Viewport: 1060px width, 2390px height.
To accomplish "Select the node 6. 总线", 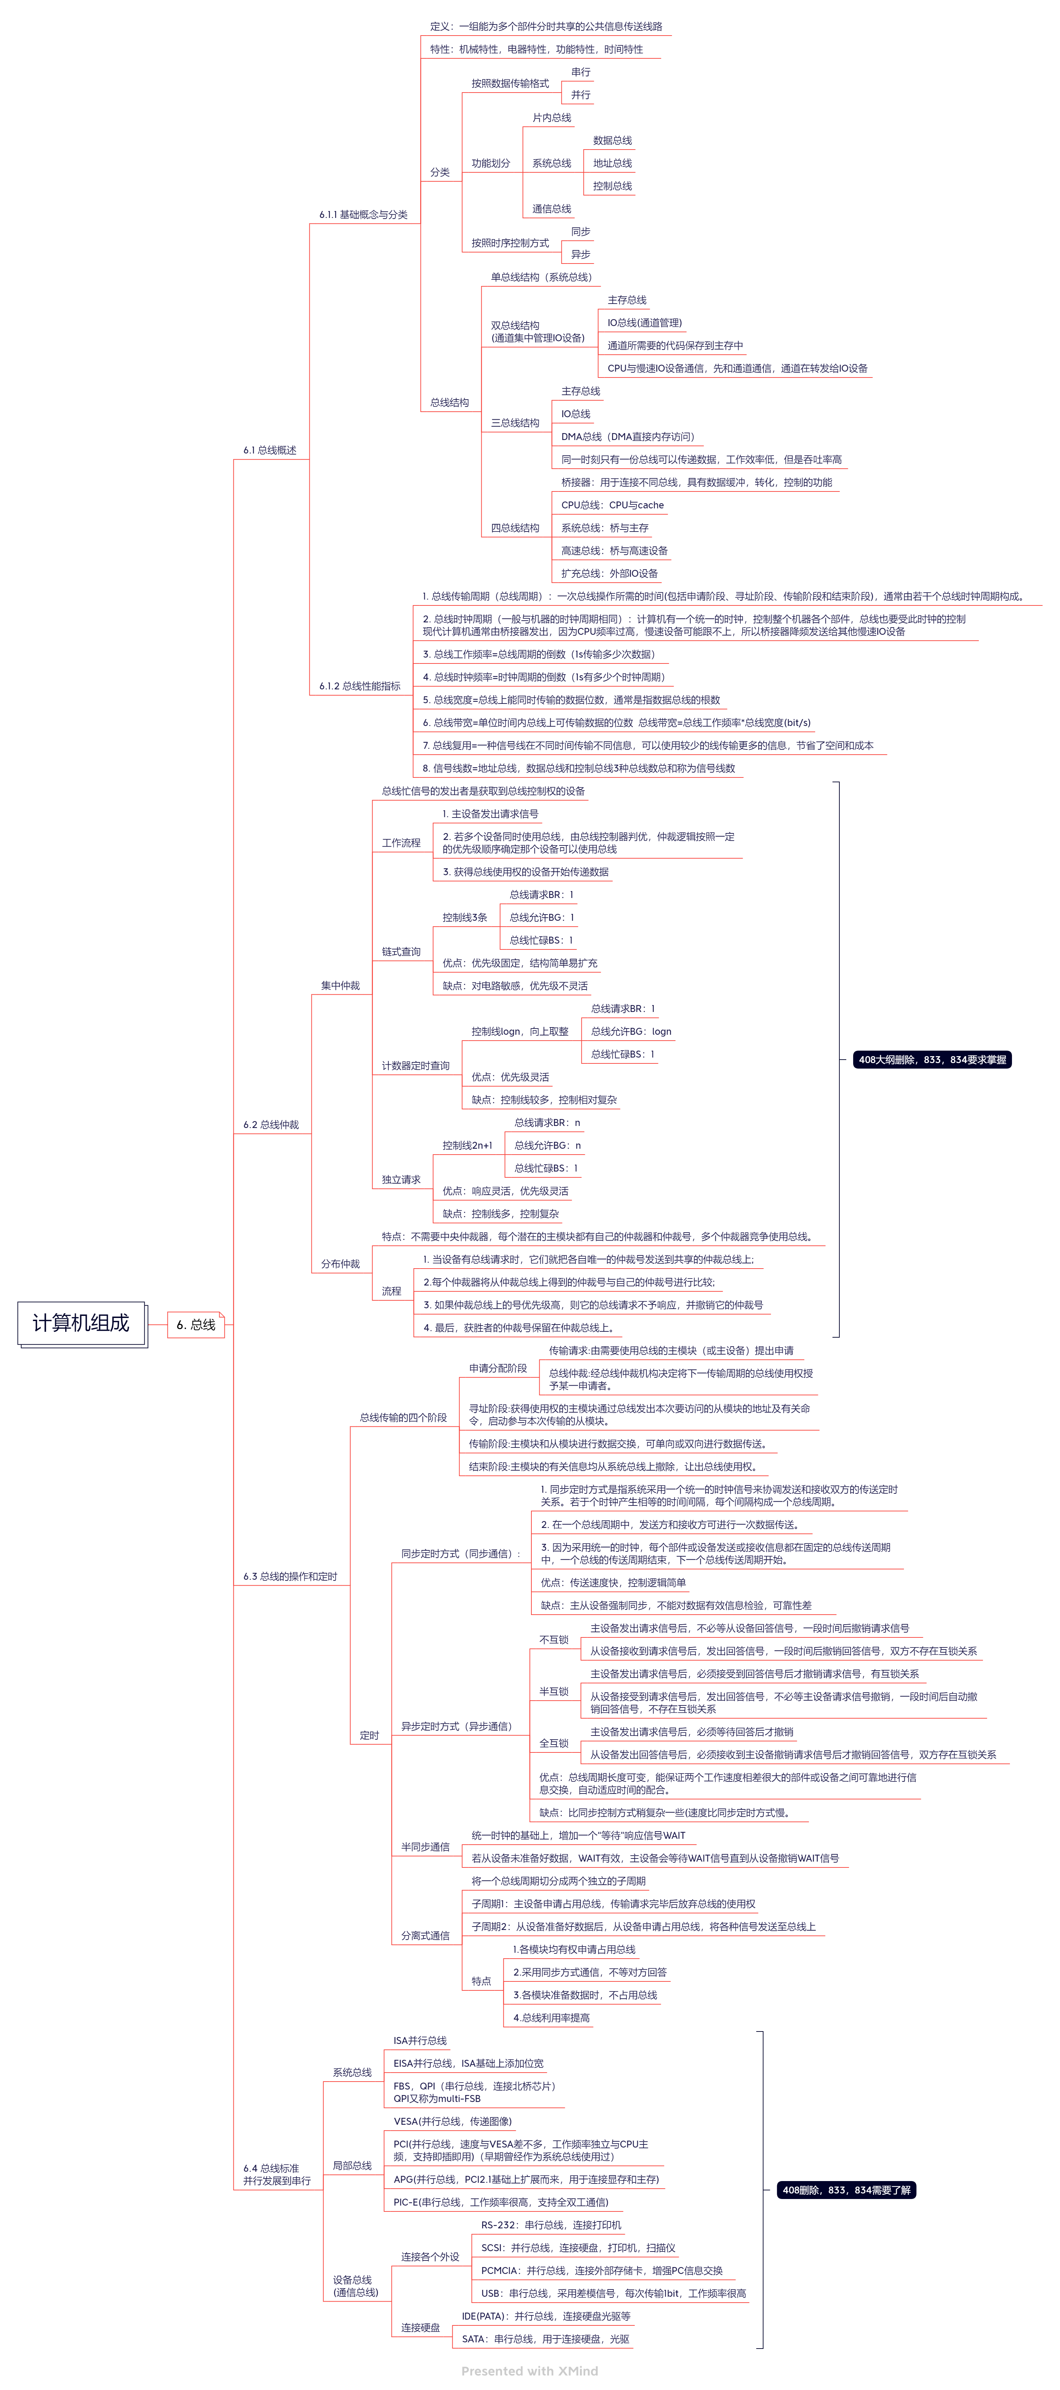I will [196, 1325].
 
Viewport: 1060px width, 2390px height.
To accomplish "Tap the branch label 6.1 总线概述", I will [270, 451].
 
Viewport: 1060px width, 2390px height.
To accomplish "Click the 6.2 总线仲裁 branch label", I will [271, 1126].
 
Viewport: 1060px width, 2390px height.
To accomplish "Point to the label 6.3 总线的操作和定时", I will [290, 1577].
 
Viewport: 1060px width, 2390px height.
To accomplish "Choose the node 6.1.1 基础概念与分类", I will [364, 215].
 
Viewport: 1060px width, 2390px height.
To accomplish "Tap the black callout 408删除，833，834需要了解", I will [846, 2190].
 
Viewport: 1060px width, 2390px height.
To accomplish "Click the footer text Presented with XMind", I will [530, 2371].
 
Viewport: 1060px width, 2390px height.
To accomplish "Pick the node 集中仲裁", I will [340, 986].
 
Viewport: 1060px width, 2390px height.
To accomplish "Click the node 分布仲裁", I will [340, 1264].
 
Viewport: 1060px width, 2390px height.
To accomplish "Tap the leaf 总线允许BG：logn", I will [632, 1032].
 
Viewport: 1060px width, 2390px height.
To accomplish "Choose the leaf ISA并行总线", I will [420, 2041].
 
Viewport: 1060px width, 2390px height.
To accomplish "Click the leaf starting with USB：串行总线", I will [613, 2294].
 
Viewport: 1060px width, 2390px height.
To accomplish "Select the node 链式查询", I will [402, 952].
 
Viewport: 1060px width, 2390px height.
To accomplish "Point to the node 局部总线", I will [353, 2167].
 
